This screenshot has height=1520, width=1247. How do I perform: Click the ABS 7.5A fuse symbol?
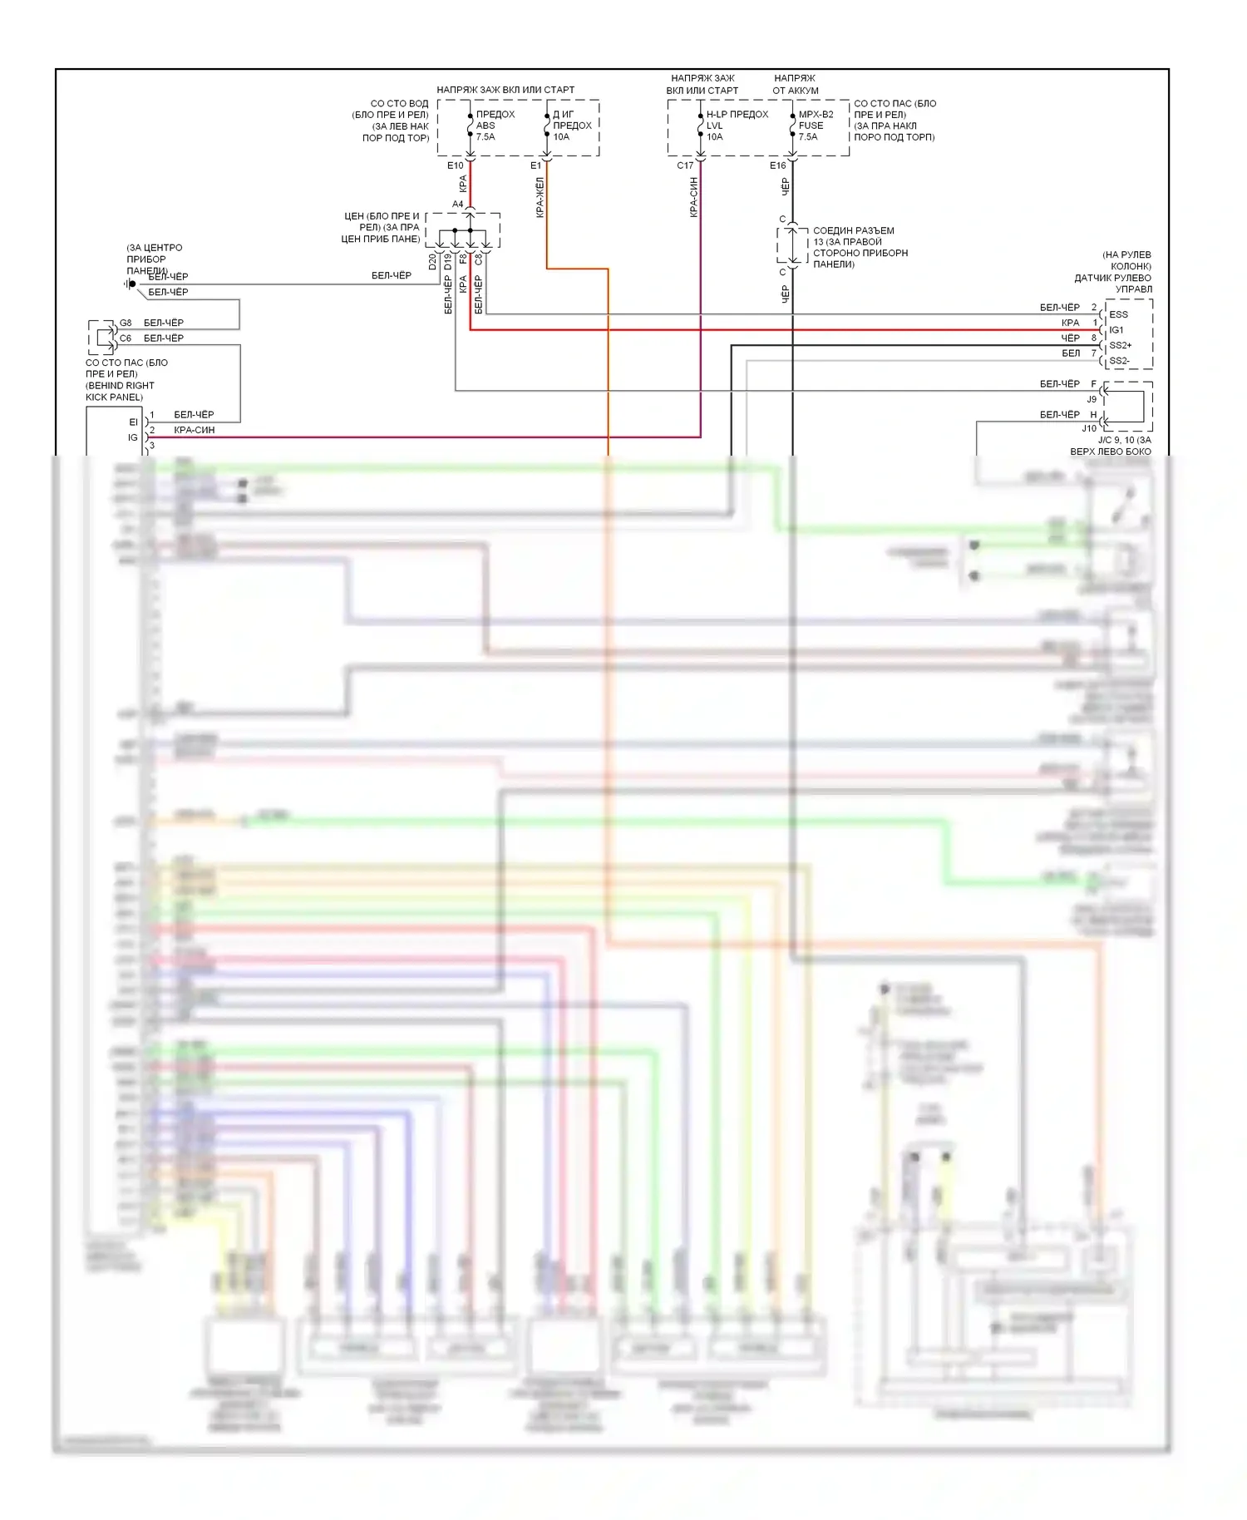470,126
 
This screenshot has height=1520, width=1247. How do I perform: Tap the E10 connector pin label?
455,165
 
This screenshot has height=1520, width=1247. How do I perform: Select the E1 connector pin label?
535,165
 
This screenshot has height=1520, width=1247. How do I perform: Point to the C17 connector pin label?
685,165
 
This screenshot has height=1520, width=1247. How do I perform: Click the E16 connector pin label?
777,165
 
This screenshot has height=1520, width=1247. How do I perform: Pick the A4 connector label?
457,204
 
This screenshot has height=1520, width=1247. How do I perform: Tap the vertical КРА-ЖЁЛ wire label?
540,198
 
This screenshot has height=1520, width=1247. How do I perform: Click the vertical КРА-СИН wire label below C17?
693,198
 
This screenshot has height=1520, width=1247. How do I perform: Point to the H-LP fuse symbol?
701,126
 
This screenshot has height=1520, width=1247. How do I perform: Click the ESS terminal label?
1118,314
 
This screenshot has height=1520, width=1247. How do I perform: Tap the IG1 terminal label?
1116,330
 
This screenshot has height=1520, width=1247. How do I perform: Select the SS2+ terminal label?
1120,345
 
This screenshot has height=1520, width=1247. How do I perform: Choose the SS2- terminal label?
1119,361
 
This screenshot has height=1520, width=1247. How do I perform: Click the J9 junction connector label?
1092,399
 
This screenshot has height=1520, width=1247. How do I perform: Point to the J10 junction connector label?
1089,429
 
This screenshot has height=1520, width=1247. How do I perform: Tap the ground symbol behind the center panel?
130,284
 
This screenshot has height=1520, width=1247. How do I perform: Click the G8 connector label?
126,323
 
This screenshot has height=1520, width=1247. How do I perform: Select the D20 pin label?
432,263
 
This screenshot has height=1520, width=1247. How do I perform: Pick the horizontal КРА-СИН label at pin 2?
194,430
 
